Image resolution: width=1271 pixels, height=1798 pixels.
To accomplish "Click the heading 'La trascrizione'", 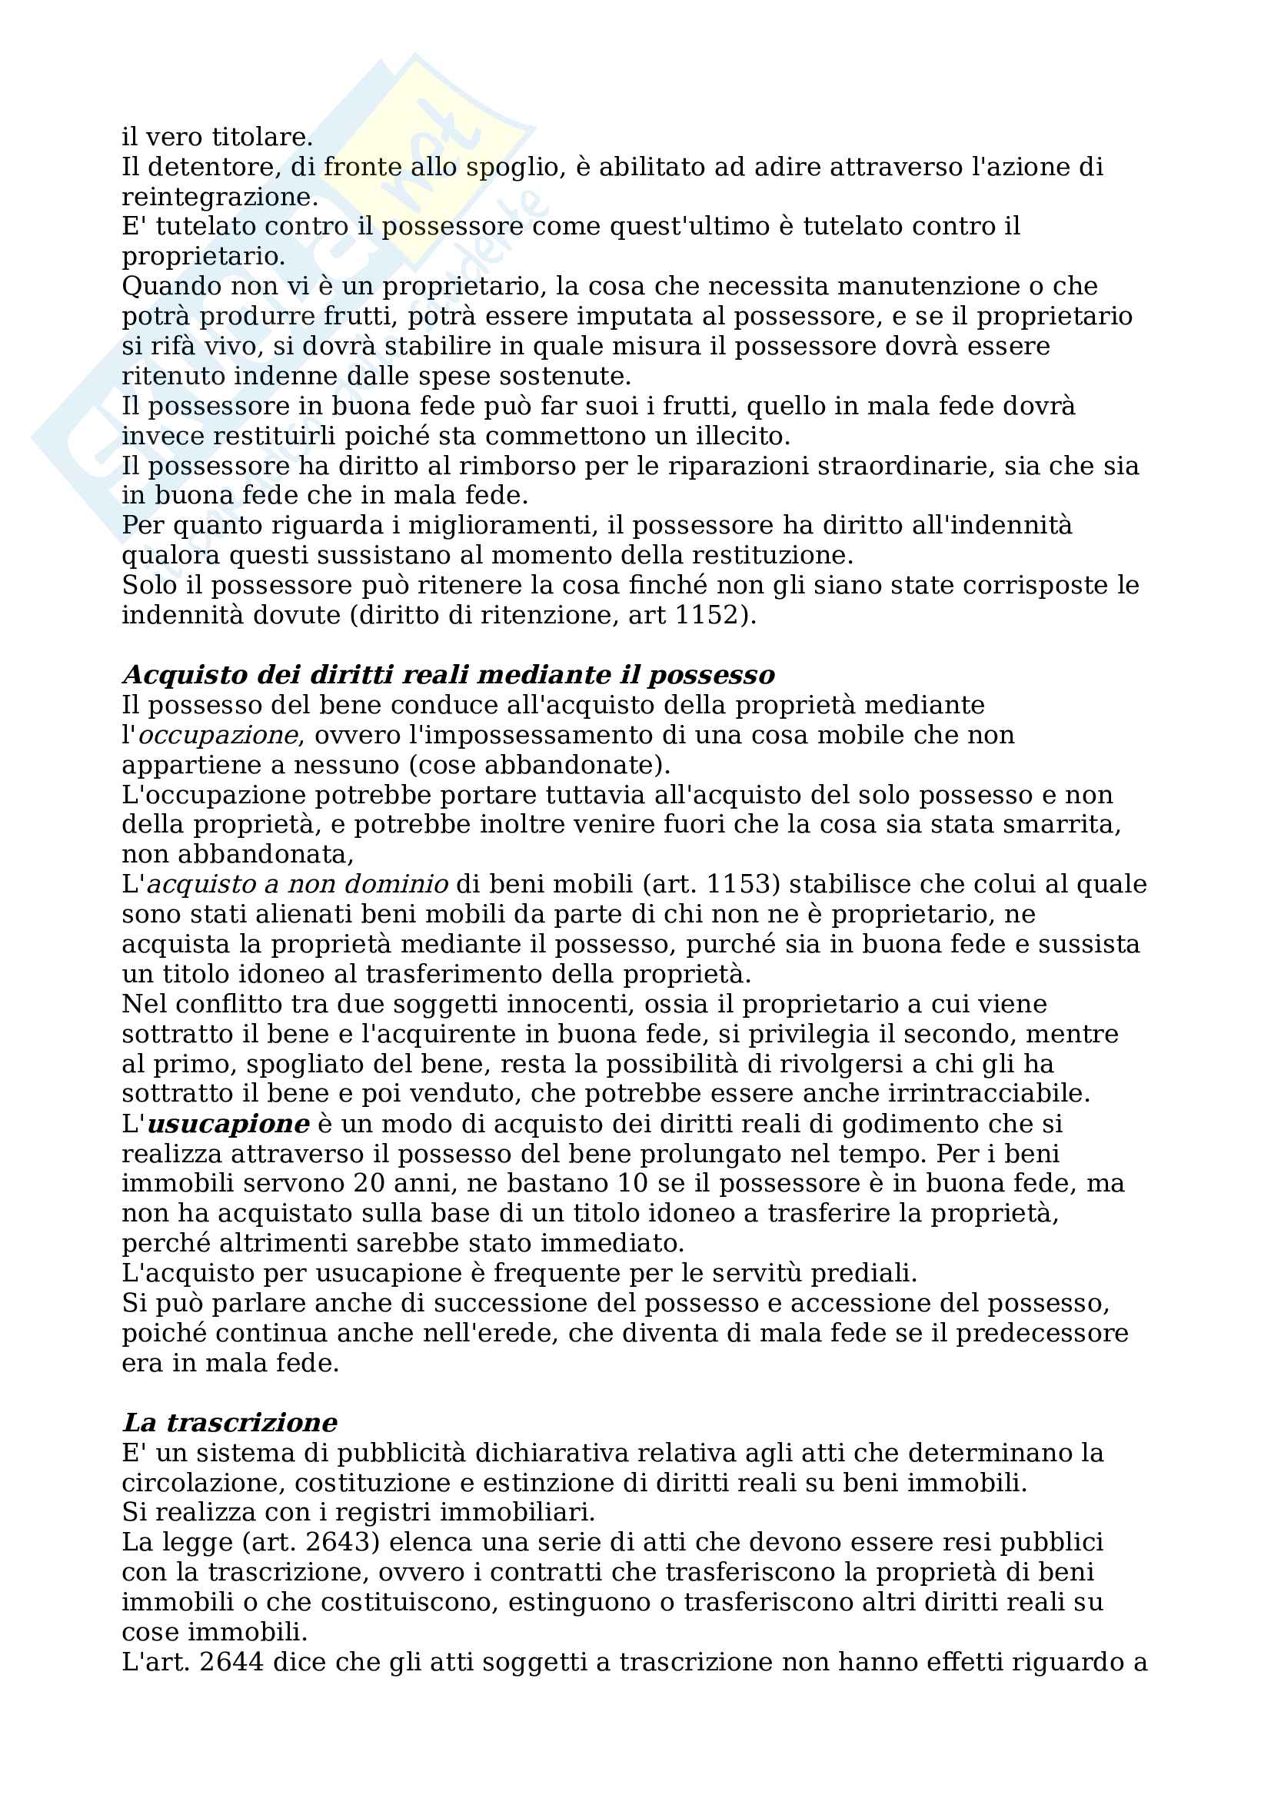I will point(229,1422).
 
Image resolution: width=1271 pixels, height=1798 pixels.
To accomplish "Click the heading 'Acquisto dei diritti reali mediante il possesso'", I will point(448,674).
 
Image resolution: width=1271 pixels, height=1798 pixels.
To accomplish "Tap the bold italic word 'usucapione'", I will point(228,1124).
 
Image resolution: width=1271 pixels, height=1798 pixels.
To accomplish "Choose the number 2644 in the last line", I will point(231,1661).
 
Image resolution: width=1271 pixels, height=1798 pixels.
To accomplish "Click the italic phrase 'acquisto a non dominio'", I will point(298,884).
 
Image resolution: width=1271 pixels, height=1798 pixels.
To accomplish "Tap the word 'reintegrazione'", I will point(219,197).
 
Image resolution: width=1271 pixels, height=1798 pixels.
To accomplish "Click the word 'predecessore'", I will point(1042,1333).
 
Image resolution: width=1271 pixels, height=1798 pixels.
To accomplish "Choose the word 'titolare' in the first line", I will point(262,137).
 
